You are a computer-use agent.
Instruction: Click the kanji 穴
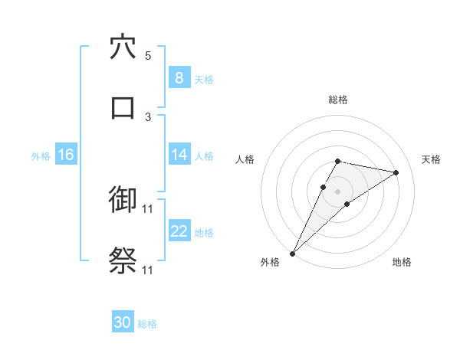123,47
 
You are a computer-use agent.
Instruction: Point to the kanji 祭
123,260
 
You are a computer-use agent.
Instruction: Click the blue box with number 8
179,78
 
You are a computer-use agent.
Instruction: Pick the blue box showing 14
179,155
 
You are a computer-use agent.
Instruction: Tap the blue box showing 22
179,232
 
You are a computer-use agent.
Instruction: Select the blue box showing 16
66,155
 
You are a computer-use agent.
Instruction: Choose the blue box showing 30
123,323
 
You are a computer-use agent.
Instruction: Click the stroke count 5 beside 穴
148,55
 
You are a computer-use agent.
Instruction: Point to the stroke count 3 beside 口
148,116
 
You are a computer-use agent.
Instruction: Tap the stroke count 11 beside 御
148,208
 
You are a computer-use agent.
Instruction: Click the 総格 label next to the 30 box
147,324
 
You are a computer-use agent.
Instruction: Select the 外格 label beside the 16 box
41,156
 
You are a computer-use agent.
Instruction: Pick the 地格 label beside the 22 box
204,233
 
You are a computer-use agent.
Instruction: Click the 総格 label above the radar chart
338,100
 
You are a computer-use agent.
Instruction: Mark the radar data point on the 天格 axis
396,172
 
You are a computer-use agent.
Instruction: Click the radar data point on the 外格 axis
293,253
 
